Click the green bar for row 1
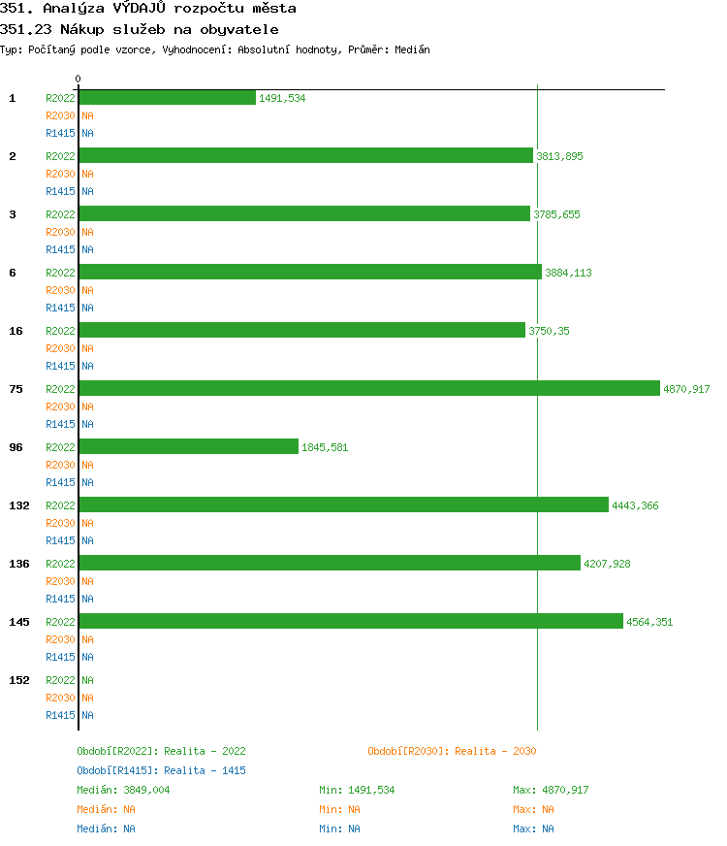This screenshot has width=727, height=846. tap(167, 97)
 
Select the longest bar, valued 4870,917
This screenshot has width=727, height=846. tap(369, 388)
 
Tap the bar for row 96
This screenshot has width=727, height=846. tap(188, 446)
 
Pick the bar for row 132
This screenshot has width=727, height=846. tap(343, 504)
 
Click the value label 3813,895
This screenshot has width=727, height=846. tap(559, 156)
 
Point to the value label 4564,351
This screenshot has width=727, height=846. tap(648, 622)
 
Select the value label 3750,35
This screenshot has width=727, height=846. tap(549, 331)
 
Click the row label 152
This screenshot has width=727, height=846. tap(19, 680)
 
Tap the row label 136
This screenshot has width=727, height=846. tap(19, 564)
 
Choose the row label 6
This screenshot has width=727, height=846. tap(13, 273)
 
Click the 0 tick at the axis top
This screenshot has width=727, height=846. tap(79, 80)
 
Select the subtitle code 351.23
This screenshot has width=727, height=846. tap(26, 29)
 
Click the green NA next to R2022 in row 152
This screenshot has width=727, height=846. tap(87, 680)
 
